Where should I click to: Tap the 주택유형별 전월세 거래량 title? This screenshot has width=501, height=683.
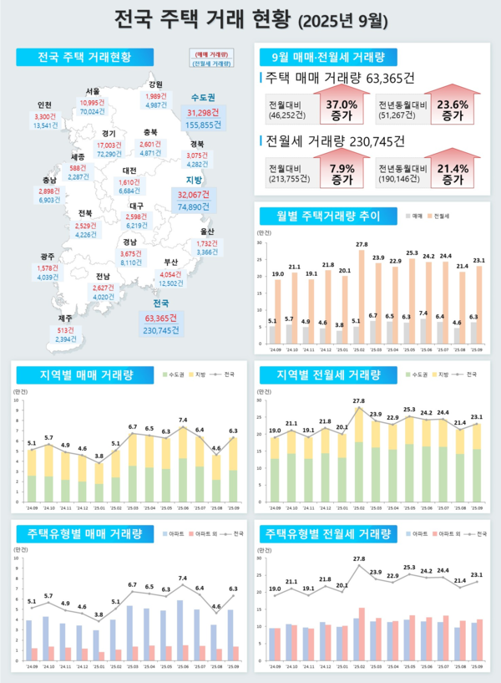coord(326,533)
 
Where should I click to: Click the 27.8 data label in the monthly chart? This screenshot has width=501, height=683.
coord(362,245)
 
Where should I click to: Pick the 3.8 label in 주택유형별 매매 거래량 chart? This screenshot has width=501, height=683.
coord(99,614)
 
